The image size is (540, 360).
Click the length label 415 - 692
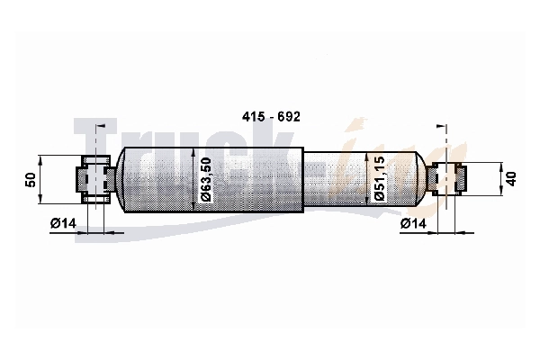[271, 117]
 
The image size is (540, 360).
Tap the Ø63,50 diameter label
[206, 179]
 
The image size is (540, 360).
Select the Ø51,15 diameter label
[379, 178]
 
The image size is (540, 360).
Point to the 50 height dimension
[31, 180]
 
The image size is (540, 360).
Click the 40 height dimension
[512, 179]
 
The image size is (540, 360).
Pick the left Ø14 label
[63, 223]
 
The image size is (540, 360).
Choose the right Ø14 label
[413, 223]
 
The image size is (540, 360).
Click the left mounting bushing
[96, 179]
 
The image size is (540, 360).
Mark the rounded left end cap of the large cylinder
[121, 179]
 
